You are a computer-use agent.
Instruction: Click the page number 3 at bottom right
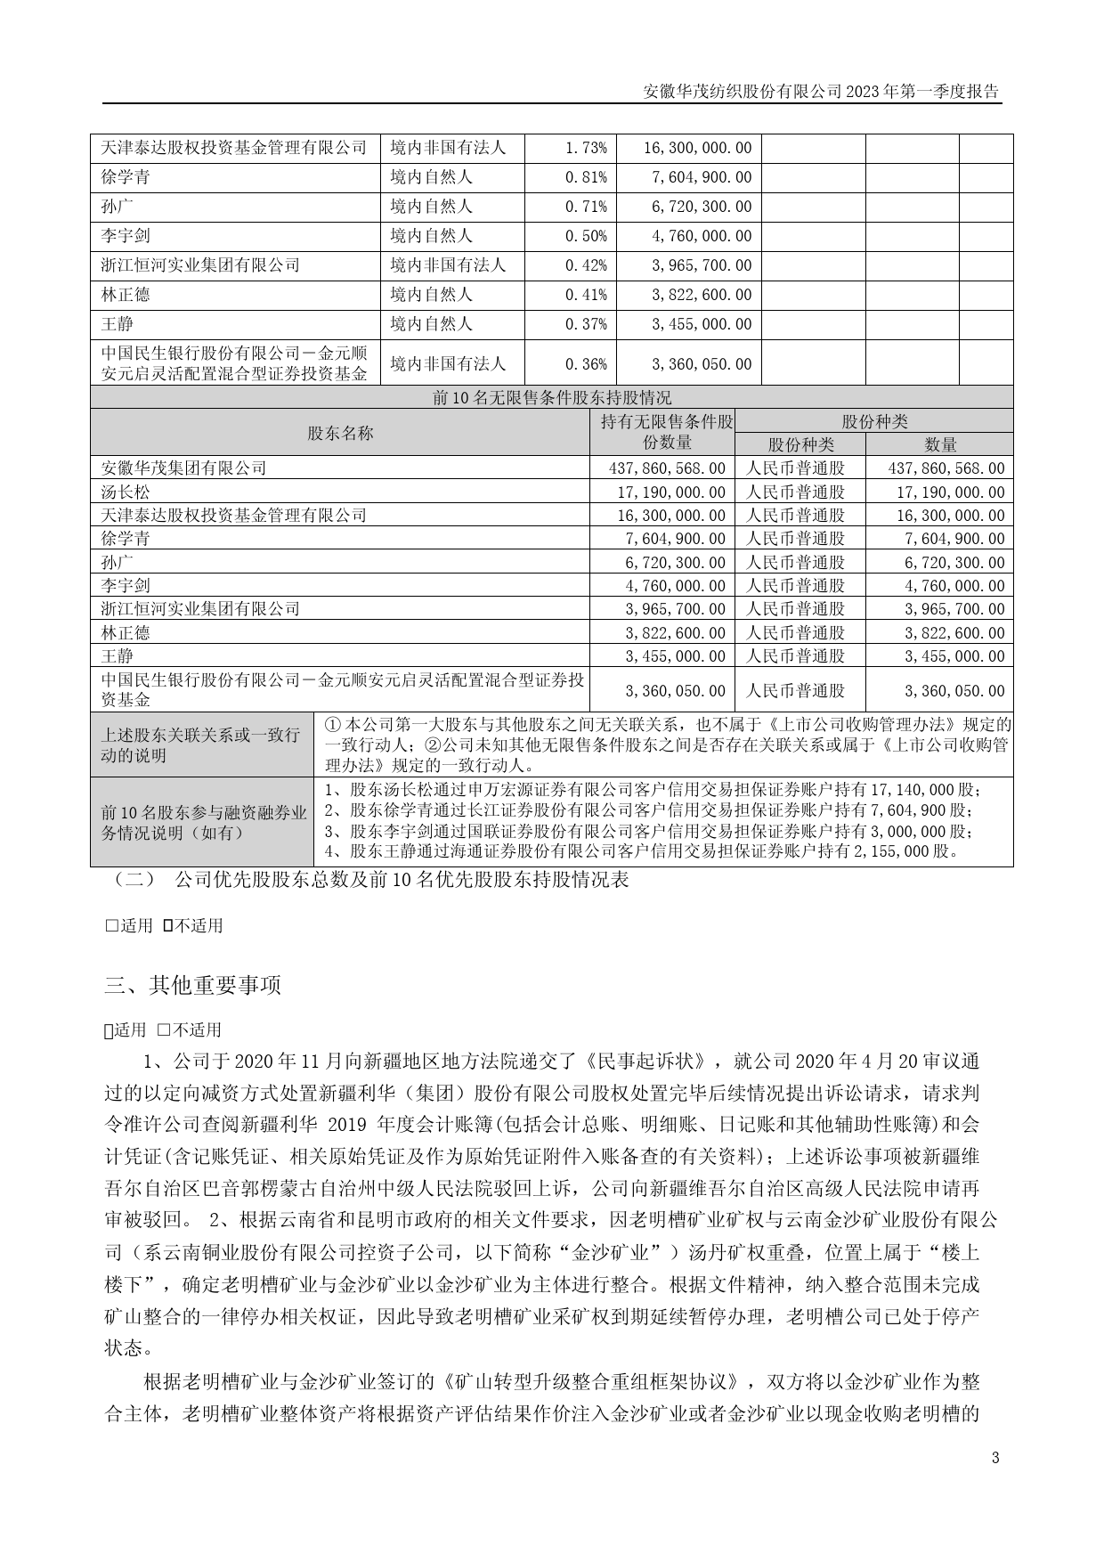pyautogui.click(x=995, y=1458)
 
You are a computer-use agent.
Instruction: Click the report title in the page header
pyautogui.click(x=820, y=92)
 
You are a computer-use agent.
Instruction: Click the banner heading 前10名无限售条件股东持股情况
pyautogui.click(x=552, y=397)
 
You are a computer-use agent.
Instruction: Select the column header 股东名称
pyautogui.click(x=340, y=433)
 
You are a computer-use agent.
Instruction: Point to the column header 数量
pyautogui.click(x=940, y=444)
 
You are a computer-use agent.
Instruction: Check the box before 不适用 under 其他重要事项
pyautogui.click(x=164, y=1030)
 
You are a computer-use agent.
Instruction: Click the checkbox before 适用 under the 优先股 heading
pyautogui.click(x=112, y=925)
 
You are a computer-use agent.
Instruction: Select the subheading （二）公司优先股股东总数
pyautogui.click(x=367, y=880)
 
